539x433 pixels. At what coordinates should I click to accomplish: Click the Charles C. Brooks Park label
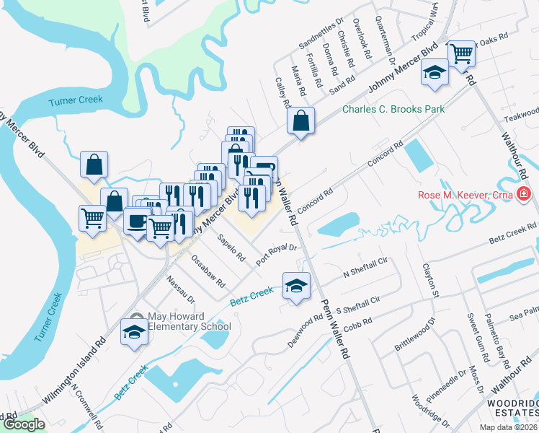pos(393,109)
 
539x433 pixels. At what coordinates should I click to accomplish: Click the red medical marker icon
pos(523,193)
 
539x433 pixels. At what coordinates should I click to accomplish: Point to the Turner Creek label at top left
pos(76,100)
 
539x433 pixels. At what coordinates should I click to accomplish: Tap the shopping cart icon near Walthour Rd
pos(461,53)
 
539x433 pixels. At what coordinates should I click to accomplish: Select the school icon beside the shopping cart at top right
pos(435,74)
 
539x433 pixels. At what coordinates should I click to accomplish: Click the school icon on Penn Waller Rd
pos(295,287)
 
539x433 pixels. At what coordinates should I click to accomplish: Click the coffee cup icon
pos(136,222)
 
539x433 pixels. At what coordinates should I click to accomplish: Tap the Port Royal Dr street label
pos(278,255)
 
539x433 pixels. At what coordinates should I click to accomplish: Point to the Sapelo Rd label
pos(231,248)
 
